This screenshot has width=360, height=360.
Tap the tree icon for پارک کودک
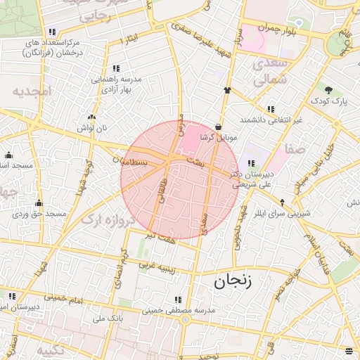coord(328,89)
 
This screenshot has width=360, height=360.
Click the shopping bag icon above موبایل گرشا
coord(219,127)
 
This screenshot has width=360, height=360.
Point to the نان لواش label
coord(91,128)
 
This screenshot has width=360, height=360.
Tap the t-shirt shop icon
coord(227,90)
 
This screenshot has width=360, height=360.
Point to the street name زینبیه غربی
coord(154,266)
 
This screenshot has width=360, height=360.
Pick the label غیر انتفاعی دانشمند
coord(271,120)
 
